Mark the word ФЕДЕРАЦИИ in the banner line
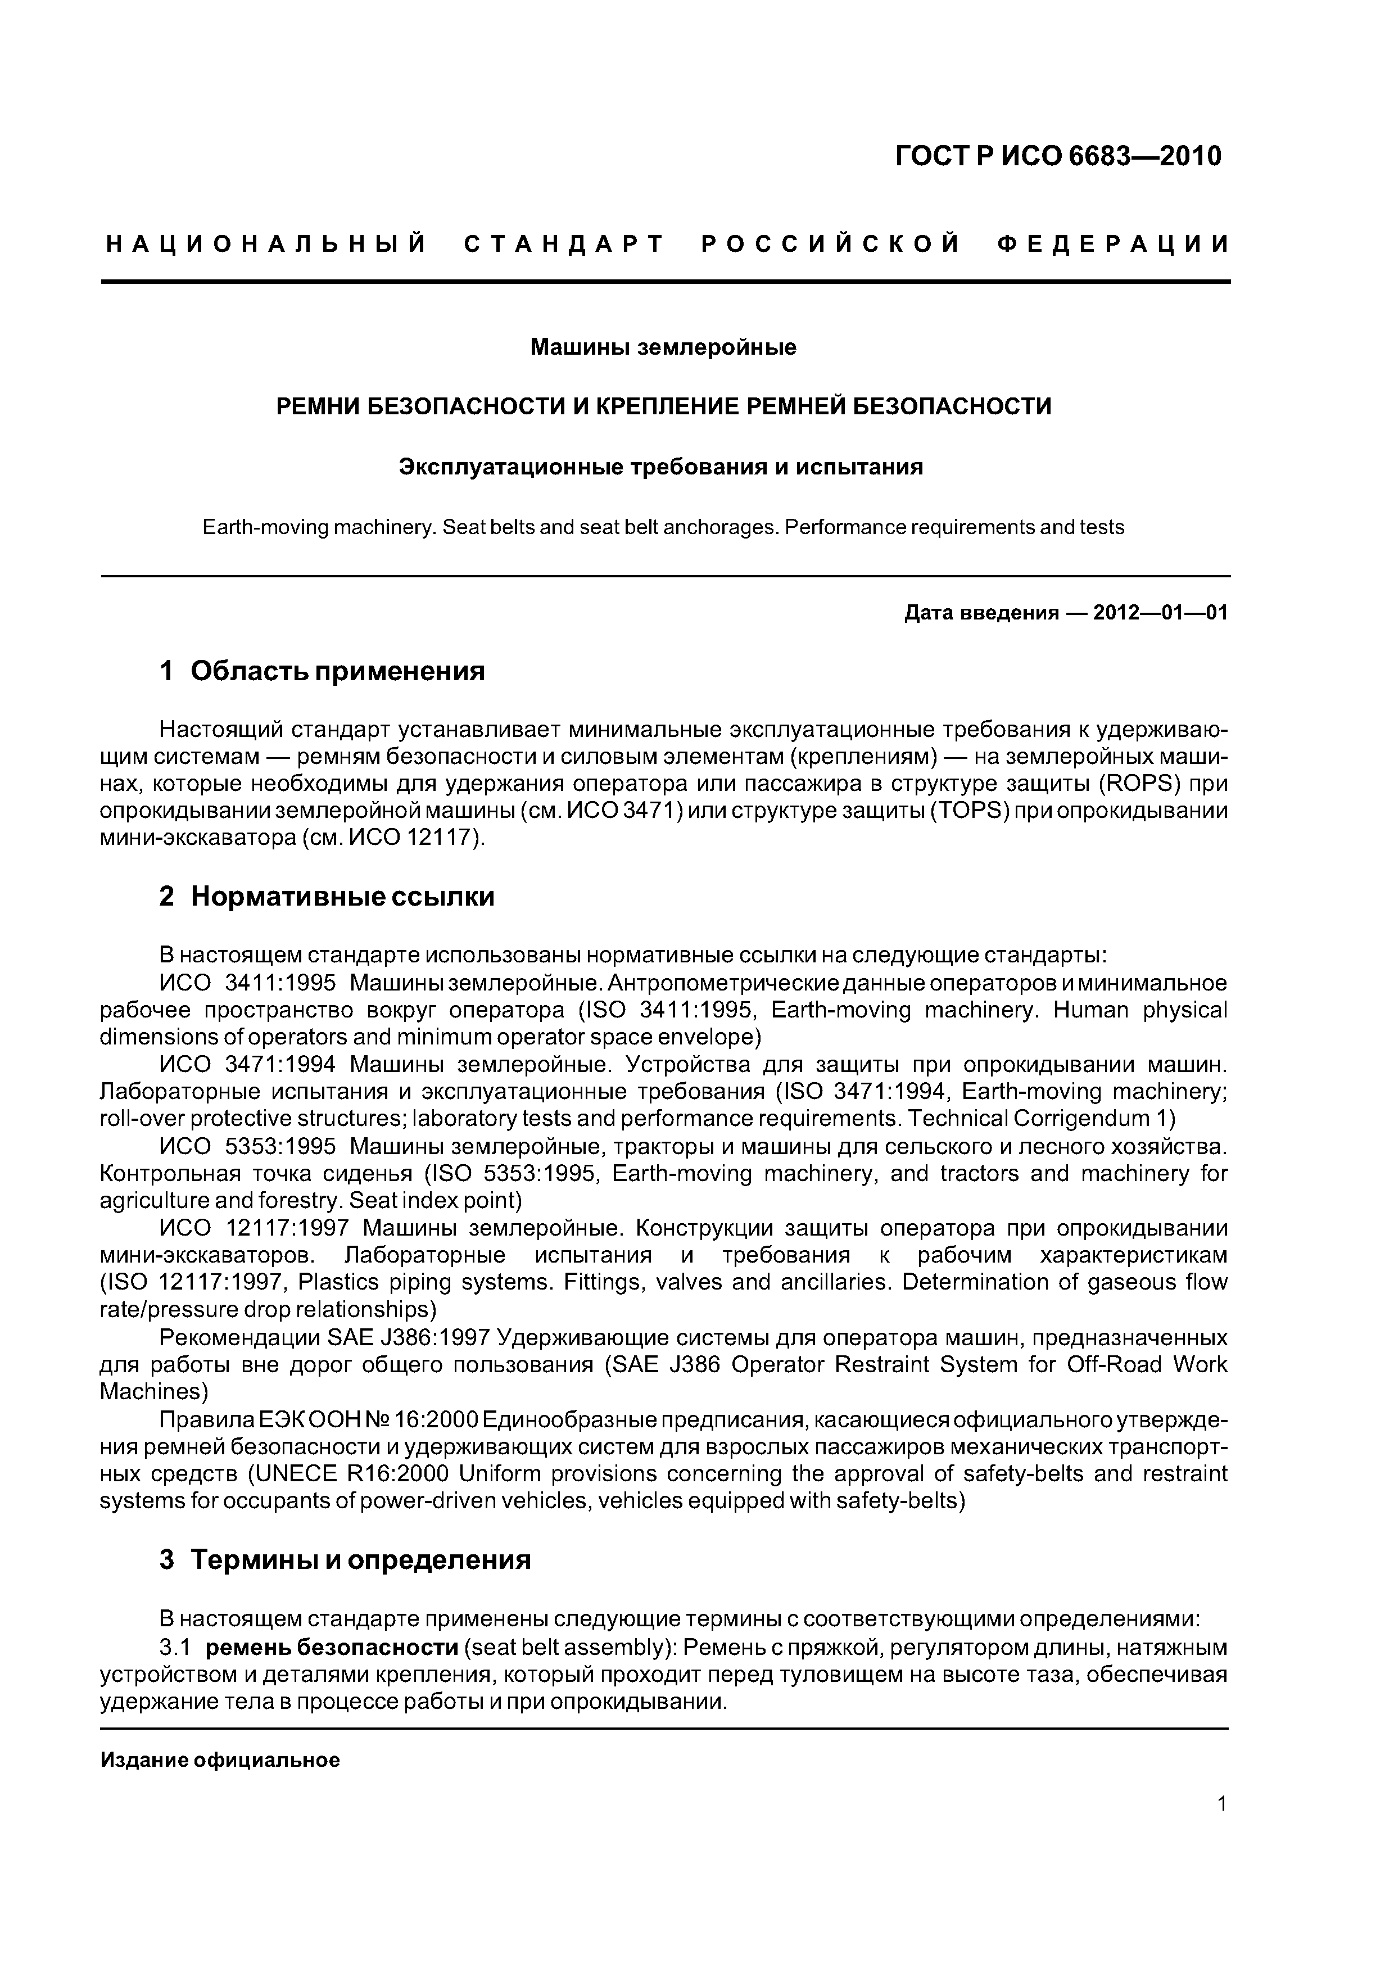click(1114, 245)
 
